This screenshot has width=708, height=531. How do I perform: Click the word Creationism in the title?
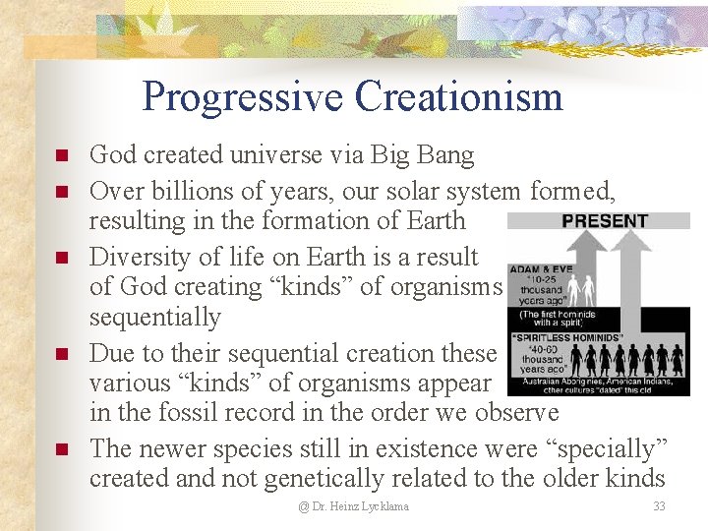[458, 97]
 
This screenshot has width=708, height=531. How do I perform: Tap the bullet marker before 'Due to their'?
[61, 355]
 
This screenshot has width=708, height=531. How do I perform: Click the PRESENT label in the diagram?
[604, 221]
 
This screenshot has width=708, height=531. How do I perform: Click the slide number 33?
[659, 506]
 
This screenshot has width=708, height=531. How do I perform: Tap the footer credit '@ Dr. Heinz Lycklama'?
[354, 506]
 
